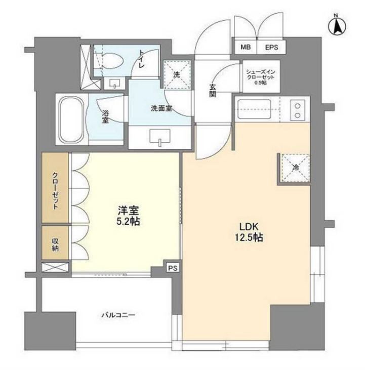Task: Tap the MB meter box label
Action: [x=246, y=47]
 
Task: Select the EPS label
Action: [x=271, y=48]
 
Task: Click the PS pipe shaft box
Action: [x=173, y=268]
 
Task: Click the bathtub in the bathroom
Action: [x=71, y=119]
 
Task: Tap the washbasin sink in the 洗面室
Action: [x=160, y=136]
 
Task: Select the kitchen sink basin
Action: [x=254, y=109]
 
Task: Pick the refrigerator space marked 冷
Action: [x=296, y=168]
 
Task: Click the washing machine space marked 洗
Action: [x=177, y=74]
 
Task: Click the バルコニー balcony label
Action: [x=118, y=315]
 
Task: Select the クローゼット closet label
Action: [x=55, y=191]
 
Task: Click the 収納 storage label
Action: [x=55, y=244]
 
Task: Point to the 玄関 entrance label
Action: [x=212, y=91]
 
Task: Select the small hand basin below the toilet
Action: [x=115, y=84]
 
